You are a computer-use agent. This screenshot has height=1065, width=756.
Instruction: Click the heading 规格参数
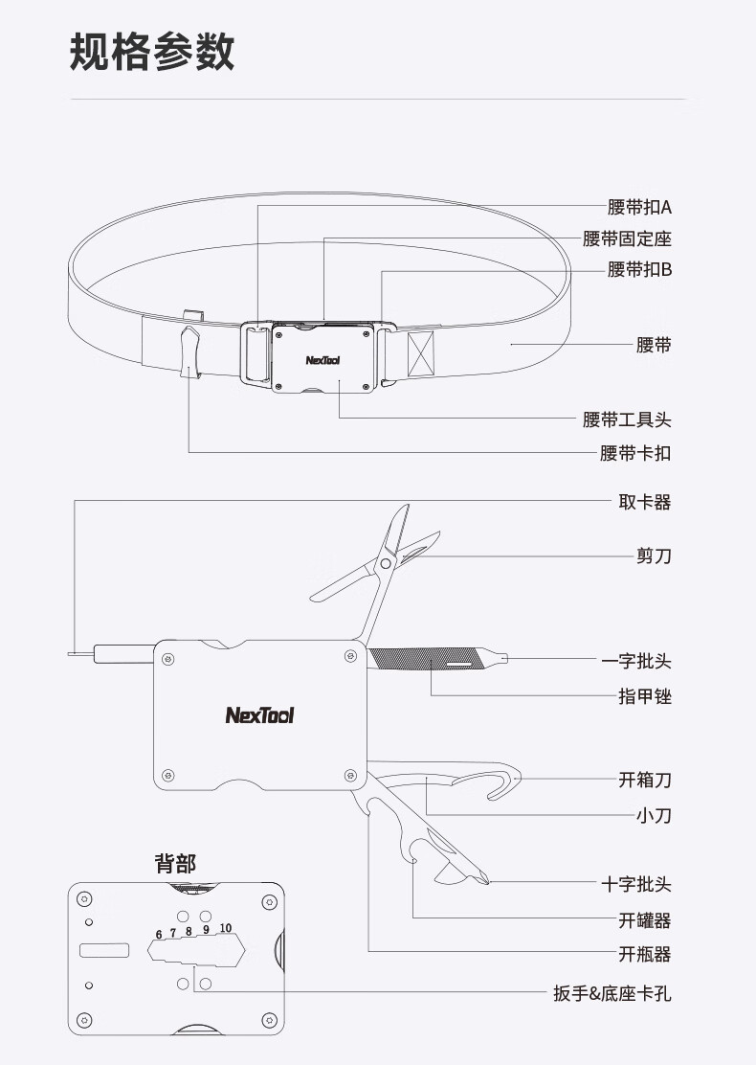[152, 51]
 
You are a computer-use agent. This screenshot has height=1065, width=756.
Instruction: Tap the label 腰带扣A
[639, 207]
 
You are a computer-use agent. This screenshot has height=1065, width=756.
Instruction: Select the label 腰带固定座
[627, 238]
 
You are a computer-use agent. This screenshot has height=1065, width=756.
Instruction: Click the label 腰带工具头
[627, 419]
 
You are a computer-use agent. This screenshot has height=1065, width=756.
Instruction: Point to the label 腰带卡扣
[635, 453]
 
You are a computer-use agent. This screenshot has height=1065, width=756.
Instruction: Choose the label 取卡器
[644, 502]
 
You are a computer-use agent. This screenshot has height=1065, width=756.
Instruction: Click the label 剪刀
[654, 555]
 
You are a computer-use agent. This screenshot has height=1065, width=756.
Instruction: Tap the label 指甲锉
[644, 696]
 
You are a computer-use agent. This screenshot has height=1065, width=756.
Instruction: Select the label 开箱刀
[644, 780]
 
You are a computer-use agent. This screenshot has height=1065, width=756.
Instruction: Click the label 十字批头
[636, 885]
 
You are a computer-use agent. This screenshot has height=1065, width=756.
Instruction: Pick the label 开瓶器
[644, 954]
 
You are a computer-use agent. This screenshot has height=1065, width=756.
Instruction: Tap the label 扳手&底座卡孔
[611, 993]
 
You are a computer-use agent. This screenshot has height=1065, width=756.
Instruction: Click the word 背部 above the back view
[175, 863]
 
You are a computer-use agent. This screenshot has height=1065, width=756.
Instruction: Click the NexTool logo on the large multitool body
[259, 714]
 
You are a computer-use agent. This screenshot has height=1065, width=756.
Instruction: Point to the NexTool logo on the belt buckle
[322, 361]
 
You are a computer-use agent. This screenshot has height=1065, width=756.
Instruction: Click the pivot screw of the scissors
[385, 565]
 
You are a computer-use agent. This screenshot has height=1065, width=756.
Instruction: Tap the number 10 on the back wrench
[225, 927]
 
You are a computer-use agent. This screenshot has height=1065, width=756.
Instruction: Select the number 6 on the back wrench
[159, 934]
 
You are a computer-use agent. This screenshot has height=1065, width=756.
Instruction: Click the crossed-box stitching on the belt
[420, 354]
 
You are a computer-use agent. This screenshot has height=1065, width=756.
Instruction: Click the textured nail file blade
[407, 659]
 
